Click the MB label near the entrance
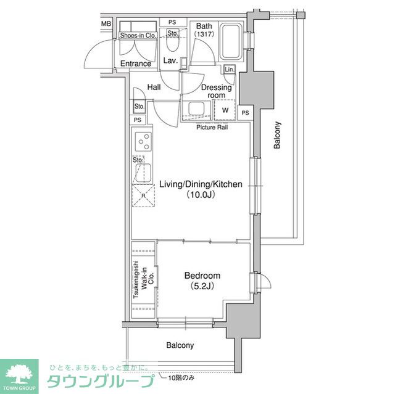click(x=106, y=23)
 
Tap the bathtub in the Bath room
click(x=230, y=42)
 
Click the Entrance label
click(x=136, y=64)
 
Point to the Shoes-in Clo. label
click(x=138, y=36)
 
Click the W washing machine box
click(x=225, y=110)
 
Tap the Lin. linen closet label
click(x=230, y=69)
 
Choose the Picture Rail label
click(x=212, y=127)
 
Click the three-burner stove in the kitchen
click(x=143, y=142)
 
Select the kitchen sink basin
click(x=143, y=173)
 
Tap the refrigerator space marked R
click(x=143, y=195)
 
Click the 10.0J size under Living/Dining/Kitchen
click(x=201, y=195)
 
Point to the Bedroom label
click(x=202, y=276)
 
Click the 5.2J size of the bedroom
click(x=202, y=286)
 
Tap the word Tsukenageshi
click(x=136, y=279)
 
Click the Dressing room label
click(x=217, y=91)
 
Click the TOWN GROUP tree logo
click(x=19, y=376)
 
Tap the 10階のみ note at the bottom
click(x=181, y=377)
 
